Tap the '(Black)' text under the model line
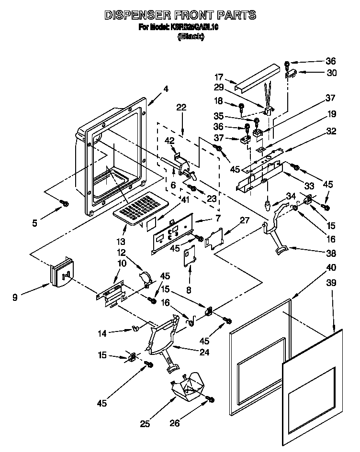(x=191, y=37)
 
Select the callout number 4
(x=166, y=88)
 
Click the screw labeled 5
(x=63, y=204)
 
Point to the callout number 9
(x=16, y=298)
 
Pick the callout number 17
(x=219, y=77)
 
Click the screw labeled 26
(x=210, y=399)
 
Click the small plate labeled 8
(x=190, y=256)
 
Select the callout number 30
(x=331, y=73)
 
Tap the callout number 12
(x=121, y=252)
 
